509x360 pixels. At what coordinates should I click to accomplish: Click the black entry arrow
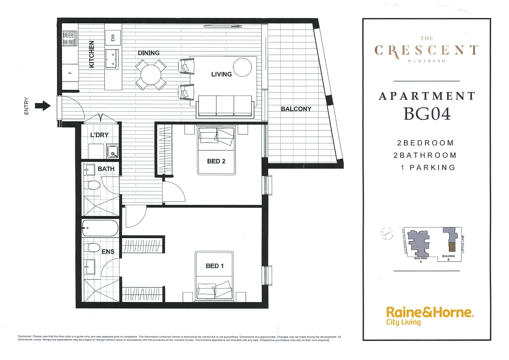[43, 106]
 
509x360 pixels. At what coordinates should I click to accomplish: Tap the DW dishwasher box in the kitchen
[113, 38]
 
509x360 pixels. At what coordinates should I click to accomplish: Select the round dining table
[151, 75]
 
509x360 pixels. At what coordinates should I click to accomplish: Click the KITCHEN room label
[92, 54]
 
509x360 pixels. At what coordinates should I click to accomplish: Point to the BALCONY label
[296, 109]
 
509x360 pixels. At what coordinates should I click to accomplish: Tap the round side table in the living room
[242, 67]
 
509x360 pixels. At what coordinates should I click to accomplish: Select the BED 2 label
[216, 161]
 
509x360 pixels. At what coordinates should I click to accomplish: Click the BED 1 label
[215, 266]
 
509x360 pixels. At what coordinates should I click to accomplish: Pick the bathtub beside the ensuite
[100, 228]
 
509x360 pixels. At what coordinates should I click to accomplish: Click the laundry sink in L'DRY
[113, 152]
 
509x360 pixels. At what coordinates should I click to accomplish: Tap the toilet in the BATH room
[92, 185]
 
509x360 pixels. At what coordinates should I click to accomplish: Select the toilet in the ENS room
[92, 248]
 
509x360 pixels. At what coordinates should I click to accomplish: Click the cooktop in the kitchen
[70, 38]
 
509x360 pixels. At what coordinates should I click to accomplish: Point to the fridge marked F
[70, 73]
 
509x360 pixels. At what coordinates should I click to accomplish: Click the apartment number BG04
[427, 114]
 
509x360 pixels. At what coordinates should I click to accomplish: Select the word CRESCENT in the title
[426, 51]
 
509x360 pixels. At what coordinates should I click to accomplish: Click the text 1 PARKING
[428, 168]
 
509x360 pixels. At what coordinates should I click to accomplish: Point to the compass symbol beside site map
[387, 233]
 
